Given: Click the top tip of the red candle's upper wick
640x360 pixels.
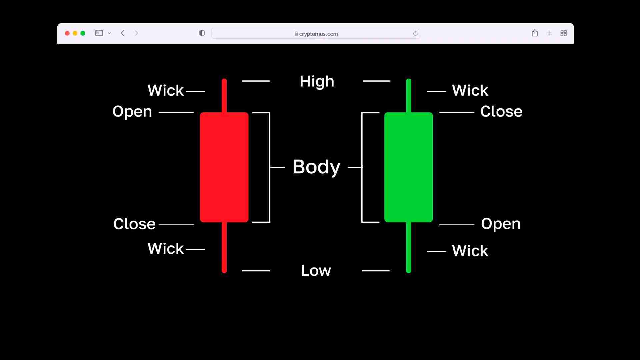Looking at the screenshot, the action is point(224,79).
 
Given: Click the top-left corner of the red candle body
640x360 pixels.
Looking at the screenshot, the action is point(200,113).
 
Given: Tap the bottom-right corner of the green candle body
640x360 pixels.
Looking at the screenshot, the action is point(433,222).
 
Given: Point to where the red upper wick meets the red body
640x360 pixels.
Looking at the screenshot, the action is point(224,113).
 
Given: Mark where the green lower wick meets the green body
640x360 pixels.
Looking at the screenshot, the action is point(409,222).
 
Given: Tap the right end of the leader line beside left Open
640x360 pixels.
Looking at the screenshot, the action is point(194,112).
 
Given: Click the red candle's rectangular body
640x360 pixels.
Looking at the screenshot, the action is point(224,167).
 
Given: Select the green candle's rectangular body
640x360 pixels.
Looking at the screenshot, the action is point(409,167).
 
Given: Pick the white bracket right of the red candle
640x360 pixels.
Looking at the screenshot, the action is point(268,167).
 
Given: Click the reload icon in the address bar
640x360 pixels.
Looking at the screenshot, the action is point(415,33).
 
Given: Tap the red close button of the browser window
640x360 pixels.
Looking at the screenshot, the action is point(67,33).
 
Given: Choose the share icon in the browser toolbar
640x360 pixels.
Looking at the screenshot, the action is point(535,33).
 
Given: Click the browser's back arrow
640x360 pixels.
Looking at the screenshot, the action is point(123,33).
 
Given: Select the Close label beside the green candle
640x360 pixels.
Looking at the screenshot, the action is point(501,111).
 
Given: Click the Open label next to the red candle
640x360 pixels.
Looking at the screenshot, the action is point(132,112).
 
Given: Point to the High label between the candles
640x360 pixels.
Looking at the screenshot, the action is point(317,82).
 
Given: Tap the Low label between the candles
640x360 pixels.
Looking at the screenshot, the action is point(316,270).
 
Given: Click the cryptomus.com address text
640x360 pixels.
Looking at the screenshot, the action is point(319,34).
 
